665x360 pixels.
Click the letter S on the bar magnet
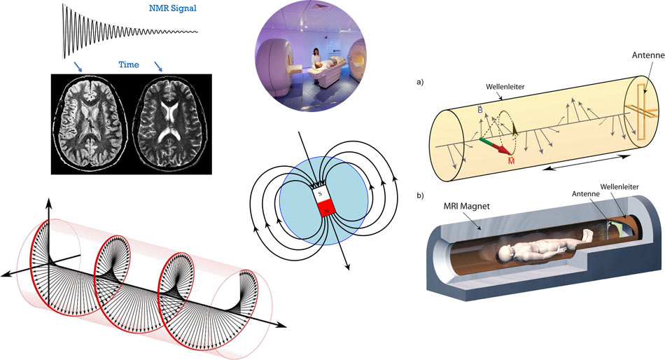(x=320, y=193)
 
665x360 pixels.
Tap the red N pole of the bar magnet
(x=325, y=208)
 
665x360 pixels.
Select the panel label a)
(x=420, y=82)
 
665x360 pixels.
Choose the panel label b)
(x=420, y=197)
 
